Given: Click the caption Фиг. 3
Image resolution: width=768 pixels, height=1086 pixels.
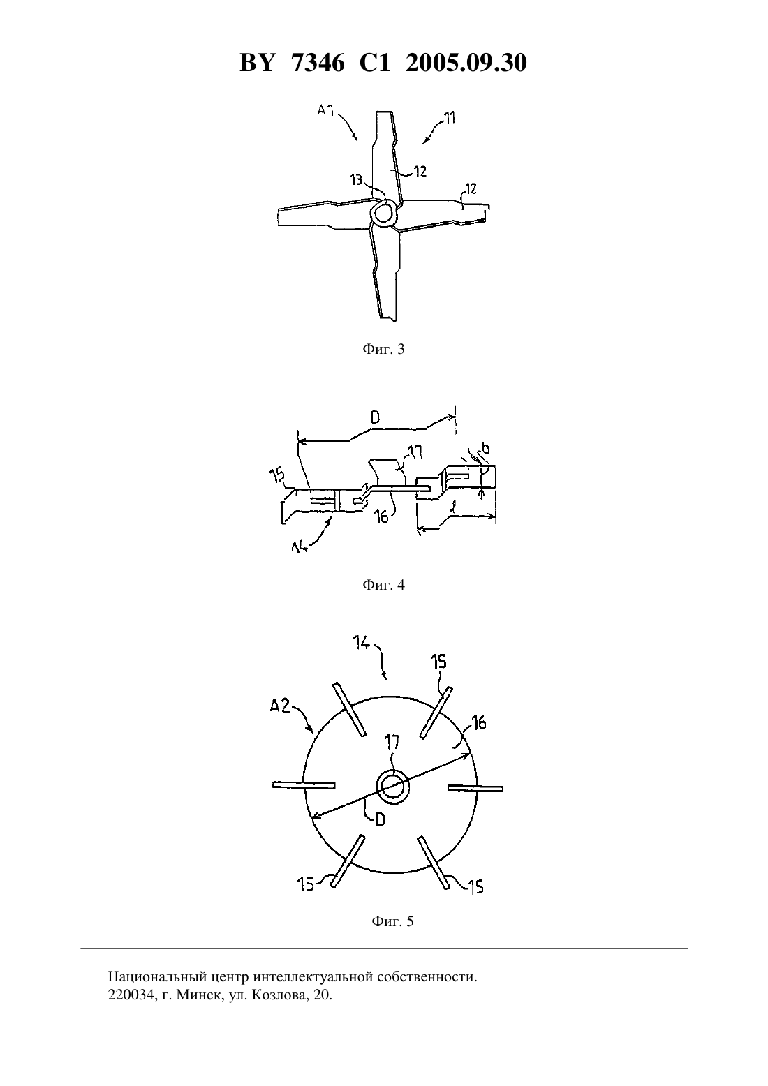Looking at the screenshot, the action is tap(383, 349).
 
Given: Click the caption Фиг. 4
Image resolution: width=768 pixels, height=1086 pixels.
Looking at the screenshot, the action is tap(383, 585).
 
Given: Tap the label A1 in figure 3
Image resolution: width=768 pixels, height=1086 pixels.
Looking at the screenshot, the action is tap(326, 110).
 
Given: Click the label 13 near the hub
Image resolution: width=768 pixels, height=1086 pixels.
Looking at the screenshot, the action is tap(356, 180).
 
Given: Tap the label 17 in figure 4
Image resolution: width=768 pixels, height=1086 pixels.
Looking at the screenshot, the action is tap(415, 452).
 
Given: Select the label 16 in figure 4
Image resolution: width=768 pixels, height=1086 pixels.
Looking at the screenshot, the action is tap(383, 517).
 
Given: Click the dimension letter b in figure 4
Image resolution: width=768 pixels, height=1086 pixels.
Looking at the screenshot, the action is tap(486, 449).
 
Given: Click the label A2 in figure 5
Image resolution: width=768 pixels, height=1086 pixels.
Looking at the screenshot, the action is tap(280, 706).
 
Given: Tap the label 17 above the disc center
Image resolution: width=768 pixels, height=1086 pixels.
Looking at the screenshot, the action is tap(392, 743).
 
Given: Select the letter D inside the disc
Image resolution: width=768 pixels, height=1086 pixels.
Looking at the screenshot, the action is tap(380, 819).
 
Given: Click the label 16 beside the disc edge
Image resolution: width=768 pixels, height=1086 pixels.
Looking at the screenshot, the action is tap(479, 723).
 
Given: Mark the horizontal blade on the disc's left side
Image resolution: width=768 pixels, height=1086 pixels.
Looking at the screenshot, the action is tap(304, 784).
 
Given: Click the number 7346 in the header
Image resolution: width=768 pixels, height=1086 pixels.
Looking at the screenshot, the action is tap(318, 63).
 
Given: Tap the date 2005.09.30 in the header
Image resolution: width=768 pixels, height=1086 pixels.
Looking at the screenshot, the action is tap(466, 63).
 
